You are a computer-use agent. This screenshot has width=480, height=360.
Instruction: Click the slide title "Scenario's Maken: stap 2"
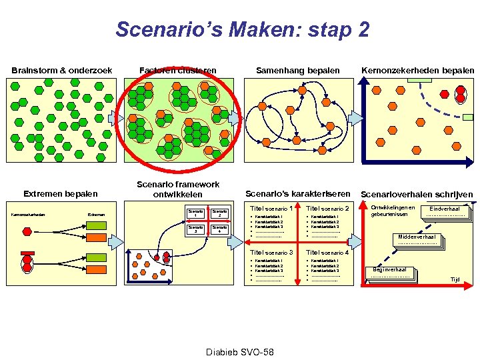pyautogui.click(x=242, y=29)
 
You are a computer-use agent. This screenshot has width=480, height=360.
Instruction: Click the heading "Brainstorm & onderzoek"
pyautogui.click(x=61, y=71)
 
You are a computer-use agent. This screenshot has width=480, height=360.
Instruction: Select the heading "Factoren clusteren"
pyautogui.click(x=177, y=71)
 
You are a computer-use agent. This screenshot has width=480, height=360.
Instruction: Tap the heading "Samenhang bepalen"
pyautogui.click(x=298, y=71)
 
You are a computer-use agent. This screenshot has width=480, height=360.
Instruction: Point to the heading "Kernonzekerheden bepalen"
pyautogui.click(x=418, y=71)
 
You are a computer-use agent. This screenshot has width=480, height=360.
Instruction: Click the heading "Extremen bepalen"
pyautogui.click(x=61, y=194)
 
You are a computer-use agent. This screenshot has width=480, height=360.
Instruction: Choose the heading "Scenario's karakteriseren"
pyautogui.click(x=298, y=194)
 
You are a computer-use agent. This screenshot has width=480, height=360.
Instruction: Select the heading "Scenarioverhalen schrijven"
pyautogui.click(x=417, y=195)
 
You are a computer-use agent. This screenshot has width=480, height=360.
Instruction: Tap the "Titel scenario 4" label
pyautogui.click(x=327, y=253)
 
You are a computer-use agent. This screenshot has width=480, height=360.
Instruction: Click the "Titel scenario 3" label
pyautogui.click(x=271, y=253)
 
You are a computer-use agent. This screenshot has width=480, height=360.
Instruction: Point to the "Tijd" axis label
pyautogui.click(x=455, y=280)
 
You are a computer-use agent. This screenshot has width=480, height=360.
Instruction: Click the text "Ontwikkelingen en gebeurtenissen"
pyautogui.click(x=393, y=211)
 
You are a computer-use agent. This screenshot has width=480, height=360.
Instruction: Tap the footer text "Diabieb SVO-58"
pyautogui.click(x=240, y=351)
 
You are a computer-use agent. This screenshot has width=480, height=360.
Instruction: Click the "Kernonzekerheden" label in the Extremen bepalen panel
pyautogui.click(x=27, y=214)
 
